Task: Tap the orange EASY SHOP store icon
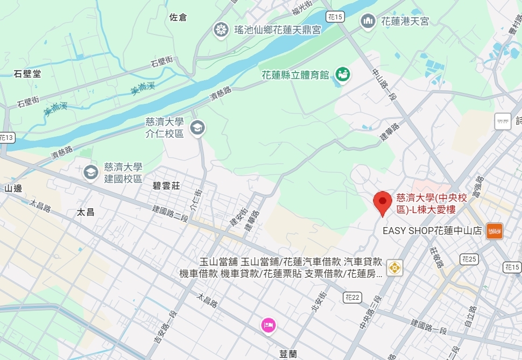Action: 494,231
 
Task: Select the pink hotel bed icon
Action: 269,325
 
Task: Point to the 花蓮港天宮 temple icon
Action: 368,21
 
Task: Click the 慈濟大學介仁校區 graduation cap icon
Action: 197,127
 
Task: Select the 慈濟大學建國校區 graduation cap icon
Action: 89,172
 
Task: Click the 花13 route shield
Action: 6,138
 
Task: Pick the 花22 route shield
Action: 352,297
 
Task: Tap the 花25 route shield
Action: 469,260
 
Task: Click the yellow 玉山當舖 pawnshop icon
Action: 395,267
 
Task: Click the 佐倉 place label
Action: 178,17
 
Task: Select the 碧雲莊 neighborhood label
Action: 166,186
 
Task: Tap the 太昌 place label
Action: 86,212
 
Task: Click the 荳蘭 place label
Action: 288,354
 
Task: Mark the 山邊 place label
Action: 13,188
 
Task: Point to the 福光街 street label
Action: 302,8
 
